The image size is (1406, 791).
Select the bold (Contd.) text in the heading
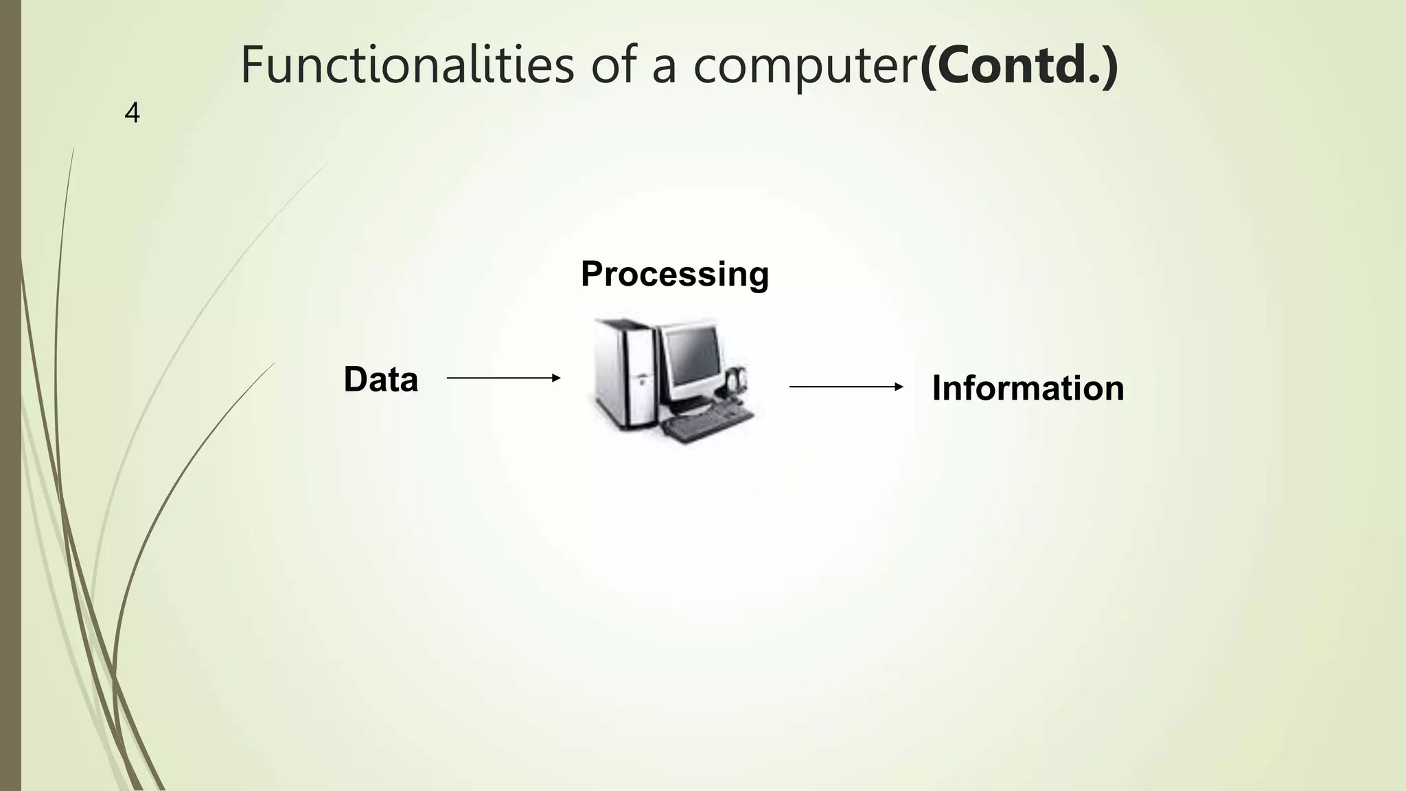(1019, 65)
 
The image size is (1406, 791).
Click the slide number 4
(132, 113)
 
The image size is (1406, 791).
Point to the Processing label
(675, 274)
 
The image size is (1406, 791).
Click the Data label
(380, 380)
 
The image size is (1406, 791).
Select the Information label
(1028, 388)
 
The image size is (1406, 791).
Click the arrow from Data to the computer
(503, 378)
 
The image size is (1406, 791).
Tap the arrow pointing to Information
(846, 387)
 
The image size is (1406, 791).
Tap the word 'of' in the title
(614, 65)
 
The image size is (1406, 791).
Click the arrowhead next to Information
(899, 387)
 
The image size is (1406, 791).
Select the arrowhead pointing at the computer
(557, 378)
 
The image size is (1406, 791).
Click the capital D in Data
(355, 380)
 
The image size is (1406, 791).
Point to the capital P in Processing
(592, 274)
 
